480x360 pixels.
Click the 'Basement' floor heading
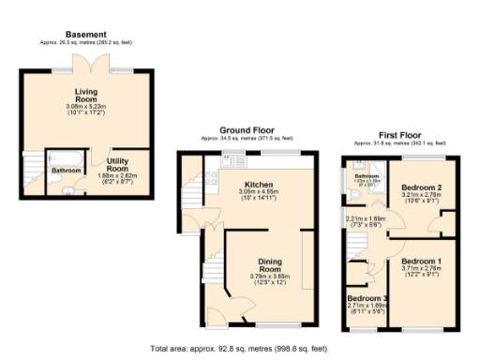point(86,35)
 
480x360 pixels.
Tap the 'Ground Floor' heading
point(246,129)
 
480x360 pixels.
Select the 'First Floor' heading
point(398,134)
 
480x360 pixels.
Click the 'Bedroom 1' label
point(421,260)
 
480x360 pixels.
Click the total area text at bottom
point(239,348)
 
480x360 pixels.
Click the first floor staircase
point(357,246)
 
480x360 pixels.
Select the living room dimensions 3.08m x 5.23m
point(86,110)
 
